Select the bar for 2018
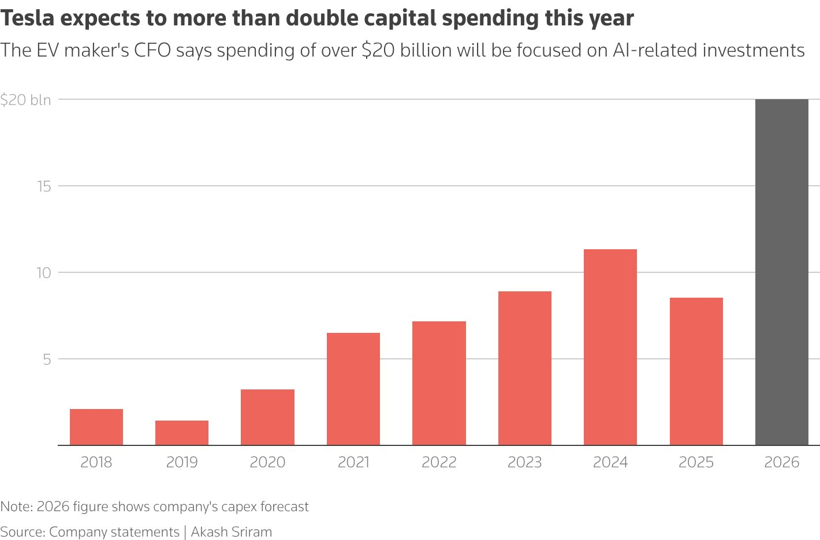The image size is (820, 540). [x=96, y=427]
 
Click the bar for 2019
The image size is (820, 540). [x=182, y=433]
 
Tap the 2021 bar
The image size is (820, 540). [x=353, y=389]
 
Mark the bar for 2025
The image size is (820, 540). [x=696, y=372]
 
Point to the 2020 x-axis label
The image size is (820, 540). [x=267, y=462]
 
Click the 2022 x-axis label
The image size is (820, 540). [x=439, y=462]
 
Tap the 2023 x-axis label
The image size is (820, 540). [x=525, y=462]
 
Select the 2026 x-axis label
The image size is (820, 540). [x=782, y=462]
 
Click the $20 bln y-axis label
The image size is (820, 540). [x=26, y=100]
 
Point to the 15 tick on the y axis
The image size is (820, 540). [x=44, y=186]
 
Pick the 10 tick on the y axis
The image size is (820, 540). [x=44, y=273]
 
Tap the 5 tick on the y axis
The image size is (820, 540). [x=47, y=359]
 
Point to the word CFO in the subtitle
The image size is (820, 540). [x=153, y=50]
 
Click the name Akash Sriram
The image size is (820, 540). [x=232, y=532]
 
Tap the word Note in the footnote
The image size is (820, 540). [x=15, y=507]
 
